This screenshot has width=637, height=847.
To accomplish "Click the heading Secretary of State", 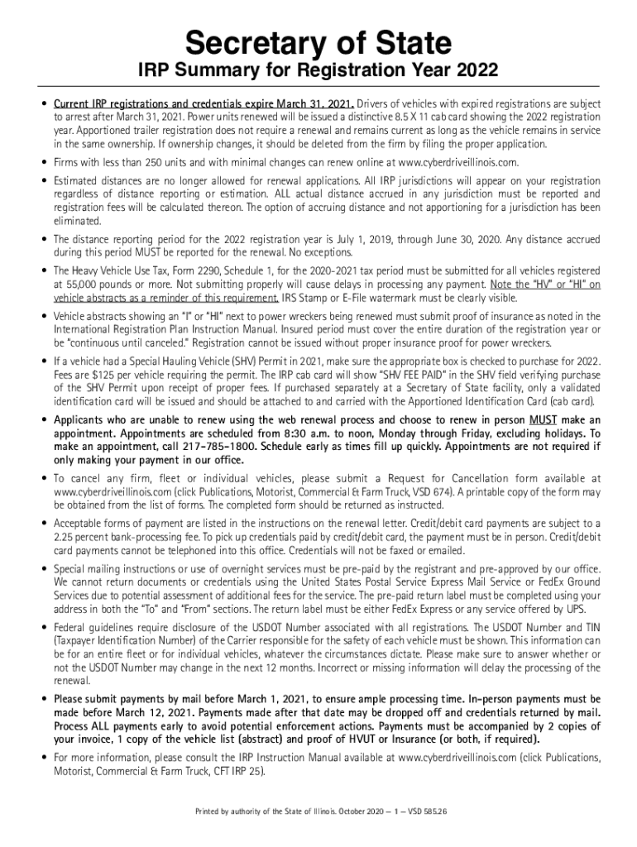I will pyautogui.click(x=318, y=42).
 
